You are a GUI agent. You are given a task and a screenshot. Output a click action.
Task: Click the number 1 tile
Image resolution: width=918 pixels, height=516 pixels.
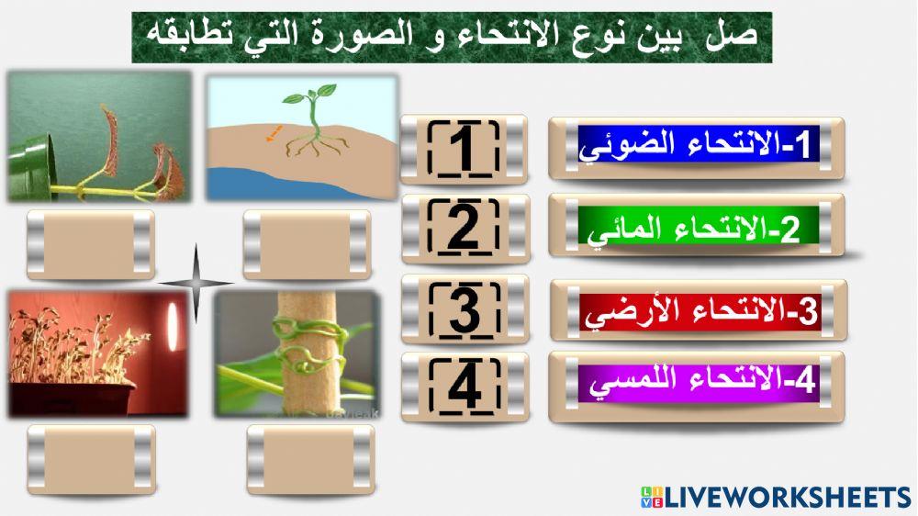click(x=464, y=147)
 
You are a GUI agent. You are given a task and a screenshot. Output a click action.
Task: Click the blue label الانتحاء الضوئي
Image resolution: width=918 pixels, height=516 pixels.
click(x=695, y=147)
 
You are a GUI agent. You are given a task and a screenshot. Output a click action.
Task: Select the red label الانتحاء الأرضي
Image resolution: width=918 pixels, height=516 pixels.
click(x=697, y=310)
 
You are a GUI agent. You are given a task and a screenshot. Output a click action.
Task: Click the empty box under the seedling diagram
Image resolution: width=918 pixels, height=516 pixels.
click(x=307, y=244)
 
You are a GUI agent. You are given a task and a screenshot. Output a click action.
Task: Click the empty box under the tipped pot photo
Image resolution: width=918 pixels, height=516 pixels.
click(x=90, y=244)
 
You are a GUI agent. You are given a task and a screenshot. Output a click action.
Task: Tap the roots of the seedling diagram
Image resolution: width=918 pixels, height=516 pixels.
click(x=317, y=142)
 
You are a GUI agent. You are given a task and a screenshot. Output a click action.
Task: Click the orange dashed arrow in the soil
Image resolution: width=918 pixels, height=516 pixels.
click(x=274, y=133)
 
